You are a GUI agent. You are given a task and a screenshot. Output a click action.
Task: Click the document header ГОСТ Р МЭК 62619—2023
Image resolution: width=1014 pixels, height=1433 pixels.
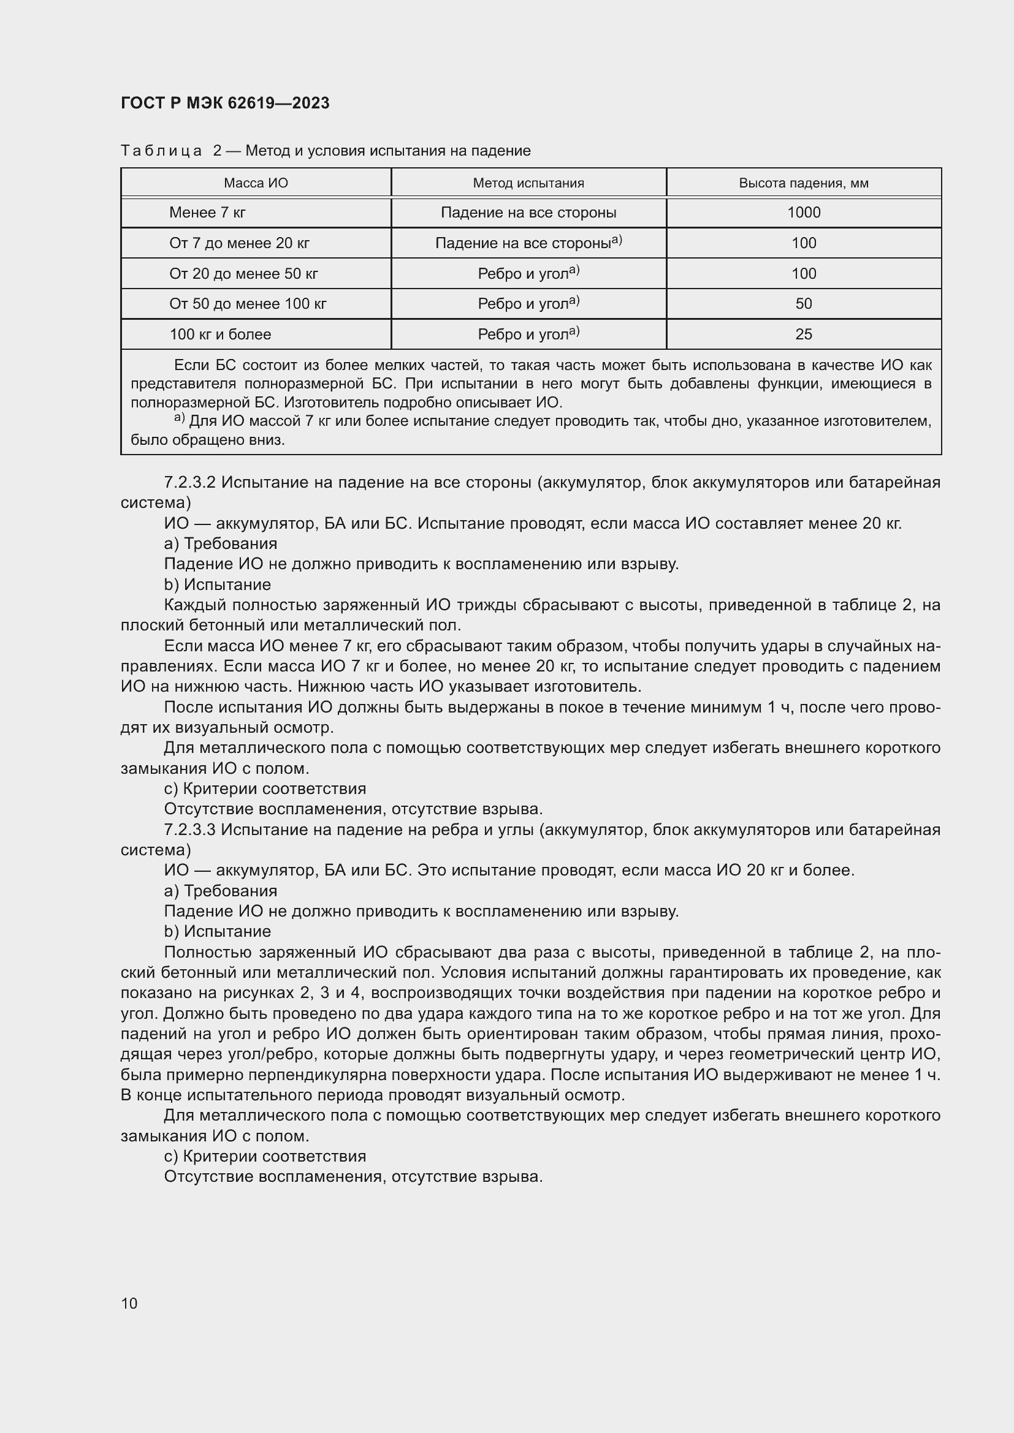[225, 103]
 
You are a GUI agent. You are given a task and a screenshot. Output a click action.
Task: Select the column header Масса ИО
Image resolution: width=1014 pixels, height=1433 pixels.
[256, 183]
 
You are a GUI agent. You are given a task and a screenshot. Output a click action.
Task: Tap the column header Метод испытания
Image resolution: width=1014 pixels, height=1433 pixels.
[528, 183]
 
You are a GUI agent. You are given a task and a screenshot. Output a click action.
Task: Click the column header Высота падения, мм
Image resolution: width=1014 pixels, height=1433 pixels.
[803, 183]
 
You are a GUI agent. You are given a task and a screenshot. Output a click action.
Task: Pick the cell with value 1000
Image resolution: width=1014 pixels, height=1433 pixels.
[803, 213]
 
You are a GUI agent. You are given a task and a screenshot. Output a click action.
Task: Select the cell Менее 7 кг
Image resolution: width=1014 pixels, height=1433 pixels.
[207, 213]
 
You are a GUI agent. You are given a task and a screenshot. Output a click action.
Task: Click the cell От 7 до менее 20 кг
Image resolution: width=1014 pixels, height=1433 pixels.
[239, 243]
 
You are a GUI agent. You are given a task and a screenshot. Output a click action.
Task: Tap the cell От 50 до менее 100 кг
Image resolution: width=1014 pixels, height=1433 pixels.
[248, 304]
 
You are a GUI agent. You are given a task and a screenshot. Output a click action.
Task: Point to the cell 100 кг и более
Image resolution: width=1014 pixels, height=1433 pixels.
[221, 335]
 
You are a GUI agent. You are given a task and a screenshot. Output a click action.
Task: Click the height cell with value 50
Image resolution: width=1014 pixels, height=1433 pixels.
[803, 304]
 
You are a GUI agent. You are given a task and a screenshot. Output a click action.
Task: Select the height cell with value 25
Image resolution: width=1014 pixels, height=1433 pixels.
[803, 335]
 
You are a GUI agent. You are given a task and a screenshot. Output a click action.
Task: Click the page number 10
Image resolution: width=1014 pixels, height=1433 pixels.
[129, 1303]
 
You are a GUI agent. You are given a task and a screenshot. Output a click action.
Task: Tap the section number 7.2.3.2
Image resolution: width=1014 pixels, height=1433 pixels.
[190, 482]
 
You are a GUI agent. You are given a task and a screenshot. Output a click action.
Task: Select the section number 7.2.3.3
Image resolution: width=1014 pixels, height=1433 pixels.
[190, 830]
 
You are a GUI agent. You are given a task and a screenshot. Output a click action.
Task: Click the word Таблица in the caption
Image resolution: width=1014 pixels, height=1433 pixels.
[161, 151]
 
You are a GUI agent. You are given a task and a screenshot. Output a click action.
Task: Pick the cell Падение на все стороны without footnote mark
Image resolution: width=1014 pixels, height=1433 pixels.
[528, 213]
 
